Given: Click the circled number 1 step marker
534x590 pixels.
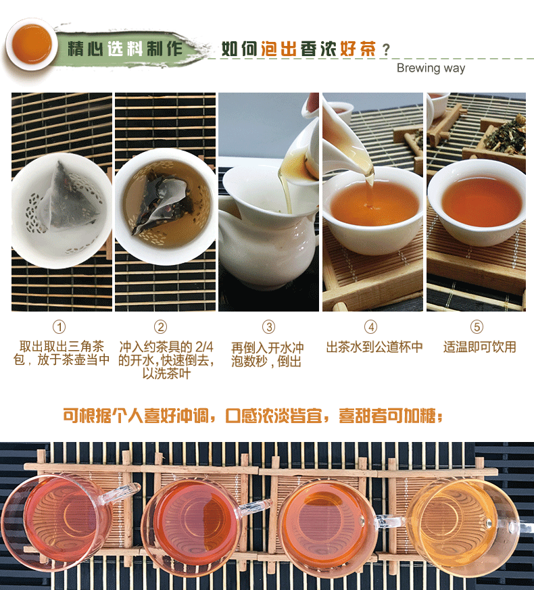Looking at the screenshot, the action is (59, 326).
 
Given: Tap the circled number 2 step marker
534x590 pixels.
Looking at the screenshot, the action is (161, 326).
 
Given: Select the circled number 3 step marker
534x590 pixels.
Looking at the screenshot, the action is (269, 326).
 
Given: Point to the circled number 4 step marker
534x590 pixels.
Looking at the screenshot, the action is (370, 326).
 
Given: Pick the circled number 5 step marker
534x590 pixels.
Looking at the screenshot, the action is (477, 326).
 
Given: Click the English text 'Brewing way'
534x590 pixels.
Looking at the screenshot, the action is (431, 68).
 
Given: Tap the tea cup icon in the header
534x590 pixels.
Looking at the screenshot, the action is (32, 45).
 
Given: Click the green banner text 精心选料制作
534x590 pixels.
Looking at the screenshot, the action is (125, 49).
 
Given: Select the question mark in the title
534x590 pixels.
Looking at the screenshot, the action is (386, 49).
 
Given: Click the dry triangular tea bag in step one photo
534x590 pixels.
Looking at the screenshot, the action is (71, 198).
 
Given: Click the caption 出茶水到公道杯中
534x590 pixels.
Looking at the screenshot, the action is (374, 347).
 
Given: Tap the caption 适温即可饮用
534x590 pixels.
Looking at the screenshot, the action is (479, 347).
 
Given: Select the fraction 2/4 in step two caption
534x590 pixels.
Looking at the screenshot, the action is (204, 347).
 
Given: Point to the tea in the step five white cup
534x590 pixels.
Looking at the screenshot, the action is (483, 203).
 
